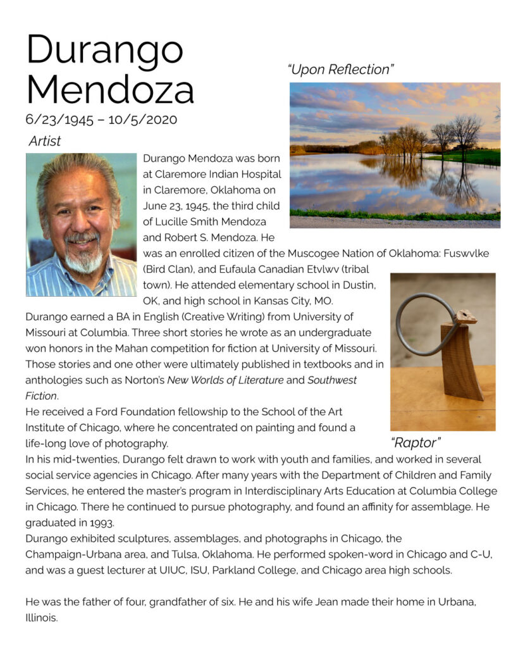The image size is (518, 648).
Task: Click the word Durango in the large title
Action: (x=105, y=49)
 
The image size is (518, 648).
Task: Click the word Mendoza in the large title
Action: (x=110, y=90)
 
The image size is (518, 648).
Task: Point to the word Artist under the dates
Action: (x=45, y=140)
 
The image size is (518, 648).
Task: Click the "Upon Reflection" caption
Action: (x=340, y=70)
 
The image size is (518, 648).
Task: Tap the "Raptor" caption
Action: (x=416, y=442)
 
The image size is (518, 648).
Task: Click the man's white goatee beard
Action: (x=85, y=259)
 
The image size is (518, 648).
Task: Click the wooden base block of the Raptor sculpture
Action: (x=464, y=364)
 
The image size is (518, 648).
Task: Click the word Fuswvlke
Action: (x=465, y=253)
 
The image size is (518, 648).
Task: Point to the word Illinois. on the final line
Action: (x=42, y=618)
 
